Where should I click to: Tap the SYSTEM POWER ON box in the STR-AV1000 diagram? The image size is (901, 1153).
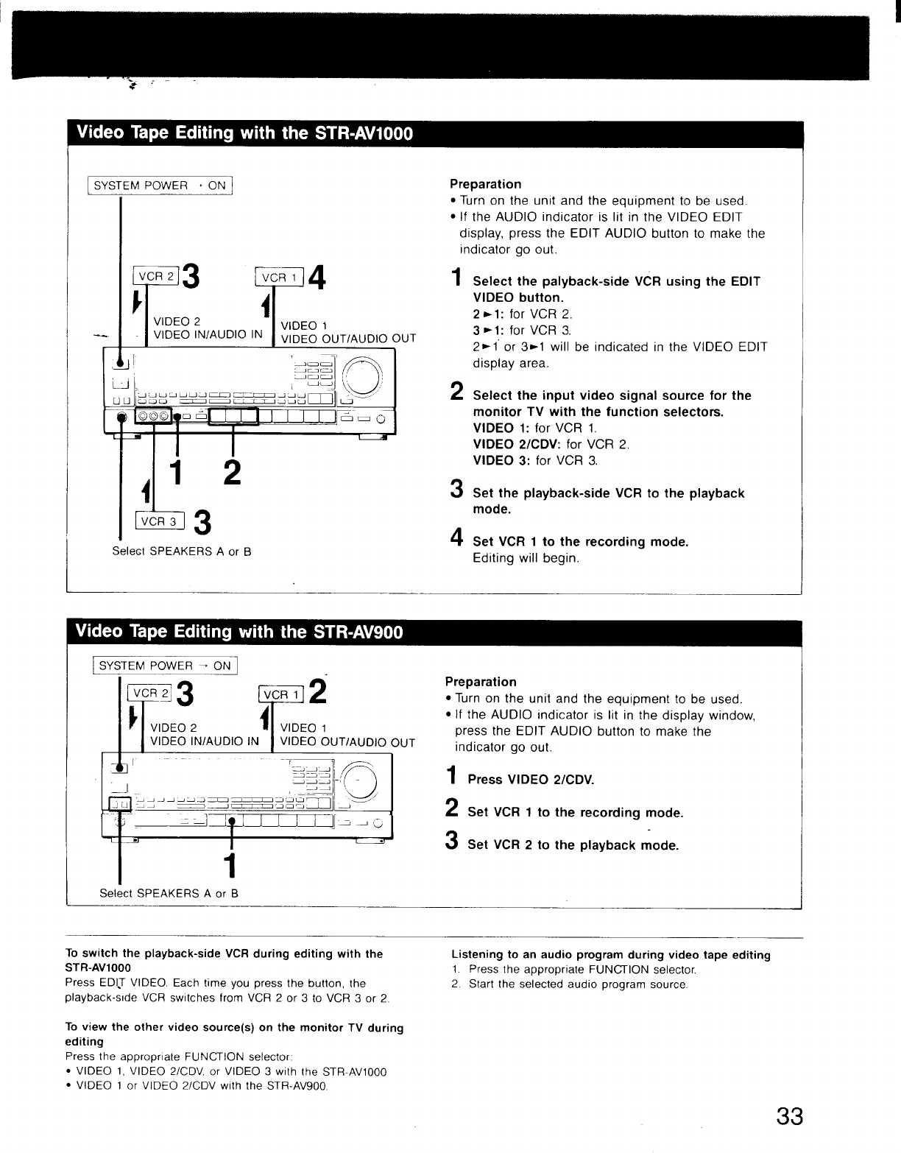(x=160, y=186)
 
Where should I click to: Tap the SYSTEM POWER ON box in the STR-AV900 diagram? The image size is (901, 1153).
(x=165, y=666)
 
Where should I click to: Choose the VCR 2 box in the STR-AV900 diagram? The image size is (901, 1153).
(x=149, y=693)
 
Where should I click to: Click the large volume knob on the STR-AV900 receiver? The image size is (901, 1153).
(x=360, y=780)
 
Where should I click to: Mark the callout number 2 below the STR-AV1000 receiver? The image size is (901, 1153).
(x=231, y=472)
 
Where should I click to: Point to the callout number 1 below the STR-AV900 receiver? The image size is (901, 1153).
(x=231, y=866)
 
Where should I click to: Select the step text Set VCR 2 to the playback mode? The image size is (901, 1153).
(x=573, y=845)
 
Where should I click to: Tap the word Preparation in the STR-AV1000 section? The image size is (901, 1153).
(x=485, y=184)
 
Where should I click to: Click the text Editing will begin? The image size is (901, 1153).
(x=526, y=558)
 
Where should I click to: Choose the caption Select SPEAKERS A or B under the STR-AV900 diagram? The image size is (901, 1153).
(x=169, y=893)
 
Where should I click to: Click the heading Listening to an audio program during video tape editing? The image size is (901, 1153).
(x=610, y=955)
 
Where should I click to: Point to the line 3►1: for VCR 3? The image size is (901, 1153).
(x=521, y=331)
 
